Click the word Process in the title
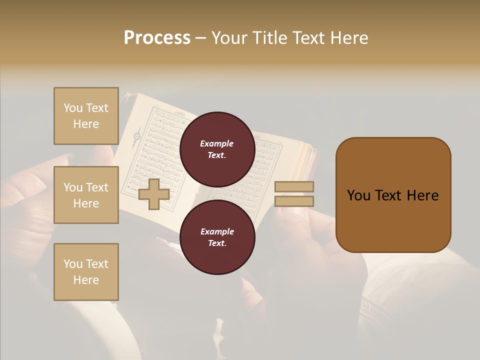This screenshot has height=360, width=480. (157, 38)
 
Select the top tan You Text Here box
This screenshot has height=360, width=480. (86, 116)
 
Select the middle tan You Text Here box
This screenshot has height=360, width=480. (86, 195)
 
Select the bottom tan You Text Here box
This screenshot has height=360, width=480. (86, 272)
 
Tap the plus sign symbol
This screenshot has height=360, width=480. (153, 194)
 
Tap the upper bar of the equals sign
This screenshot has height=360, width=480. (294, 186)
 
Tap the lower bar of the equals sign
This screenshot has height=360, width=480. (294, 201)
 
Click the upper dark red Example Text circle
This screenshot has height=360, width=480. (217, 149)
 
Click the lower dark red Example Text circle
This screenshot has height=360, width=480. (217, 237)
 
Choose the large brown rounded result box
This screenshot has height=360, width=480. (393, 195)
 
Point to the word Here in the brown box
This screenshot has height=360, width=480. (422, 195)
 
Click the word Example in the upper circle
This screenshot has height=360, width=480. (217, 143)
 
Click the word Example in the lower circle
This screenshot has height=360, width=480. (217, 231)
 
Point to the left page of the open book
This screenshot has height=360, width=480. (155, 150)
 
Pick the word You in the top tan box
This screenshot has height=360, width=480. (73, 108)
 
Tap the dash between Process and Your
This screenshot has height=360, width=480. (200, 38)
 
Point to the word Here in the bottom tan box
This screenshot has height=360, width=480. (86, 280)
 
